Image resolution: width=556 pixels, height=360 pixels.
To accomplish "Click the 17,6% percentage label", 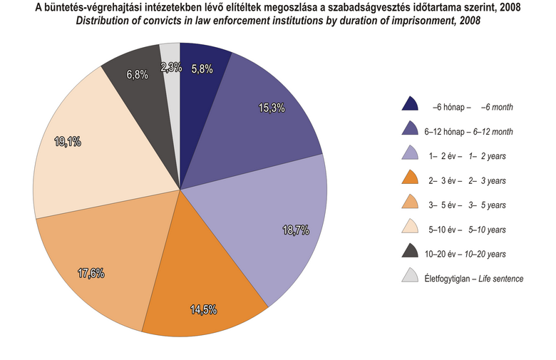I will (91, 272).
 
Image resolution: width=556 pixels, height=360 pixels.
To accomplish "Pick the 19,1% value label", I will (68, 142).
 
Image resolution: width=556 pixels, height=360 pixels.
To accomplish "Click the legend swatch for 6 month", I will (410, 106).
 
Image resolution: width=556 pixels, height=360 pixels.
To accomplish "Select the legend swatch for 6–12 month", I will (410, 130).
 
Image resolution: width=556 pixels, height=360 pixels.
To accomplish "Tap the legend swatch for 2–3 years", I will (410, 179).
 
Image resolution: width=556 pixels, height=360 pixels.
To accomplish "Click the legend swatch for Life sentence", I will (410, 277).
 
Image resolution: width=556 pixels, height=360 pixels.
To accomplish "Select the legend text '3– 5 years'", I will (483, 205).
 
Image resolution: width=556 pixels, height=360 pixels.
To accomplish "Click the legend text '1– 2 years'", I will (483, 156).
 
